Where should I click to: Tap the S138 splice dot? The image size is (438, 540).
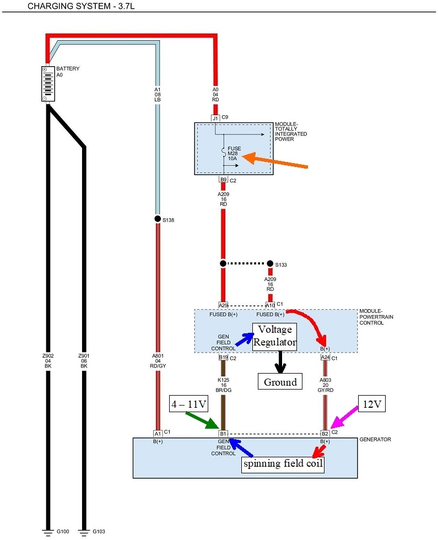(158, 219)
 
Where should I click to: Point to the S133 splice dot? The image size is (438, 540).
(270, 263)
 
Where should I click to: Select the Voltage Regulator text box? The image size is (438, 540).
(274, 337)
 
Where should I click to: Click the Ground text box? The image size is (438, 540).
(280, 381)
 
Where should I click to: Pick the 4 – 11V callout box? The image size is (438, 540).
(188, 405)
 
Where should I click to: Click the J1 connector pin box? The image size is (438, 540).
(216, 118)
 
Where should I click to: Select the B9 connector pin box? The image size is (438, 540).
(224, 180)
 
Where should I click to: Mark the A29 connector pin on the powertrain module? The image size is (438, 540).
(223, 305)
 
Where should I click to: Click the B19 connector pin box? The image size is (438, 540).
(224, 357)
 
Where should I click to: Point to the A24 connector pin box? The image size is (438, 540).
(326, 357)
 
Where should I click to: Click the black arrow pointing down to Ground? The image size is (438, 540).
(280, 361)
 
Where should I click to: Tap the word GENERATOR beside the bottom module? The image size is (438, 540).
(375, 440)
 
